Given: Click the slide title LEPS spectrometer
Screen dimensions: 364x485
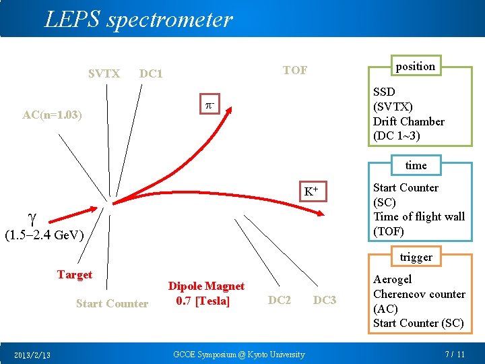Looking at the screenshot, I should coord(138,20).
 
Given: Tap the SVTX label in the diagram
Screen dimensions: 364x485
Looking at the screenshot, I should coord(104,73).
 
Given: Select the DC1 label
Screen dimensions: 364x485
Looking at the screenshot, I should coord(151,73).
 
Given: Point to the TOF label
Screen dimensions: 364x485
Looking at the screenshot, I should coord(295,70).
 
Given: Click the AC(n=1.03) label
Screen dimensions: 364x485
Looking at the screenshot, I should coord(52,115).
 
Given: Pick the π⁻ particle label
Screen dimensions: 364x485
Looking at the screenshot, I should coord(210,105).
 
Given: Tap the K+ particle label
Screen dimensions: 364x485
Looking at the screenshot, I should coord(311,191).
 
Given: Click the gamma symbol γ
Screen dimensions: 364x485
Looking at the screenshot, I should coord(32,217).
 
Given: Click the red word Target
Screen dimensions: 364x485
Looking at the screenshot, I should coord(75,274).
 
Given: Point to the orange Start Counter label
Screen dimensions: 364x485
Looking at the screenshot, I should coord(112,303).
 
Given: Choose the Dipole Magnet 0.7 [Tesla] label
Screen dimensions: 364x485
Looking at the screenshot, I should coord(206,293).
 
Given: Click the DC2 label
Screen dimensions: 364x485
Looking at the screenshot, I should coord(280,300).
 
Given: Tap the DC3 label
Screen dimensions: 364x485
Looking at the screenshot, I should coord(325,300).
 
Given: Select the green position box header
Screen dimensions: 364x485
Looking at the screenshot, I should coord(415,66).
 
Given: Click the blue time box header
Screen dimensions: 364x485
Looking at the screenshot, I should coord(416,165).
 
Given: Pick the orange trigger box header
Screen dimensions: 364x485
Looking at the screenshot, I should coord(416,257).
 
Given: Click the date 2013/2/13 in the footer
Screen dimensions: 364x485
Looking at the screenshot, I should coord(36,355).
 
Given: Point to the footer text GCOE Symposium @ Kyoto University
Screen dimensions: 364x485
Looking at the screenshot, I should coord(239,355).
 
